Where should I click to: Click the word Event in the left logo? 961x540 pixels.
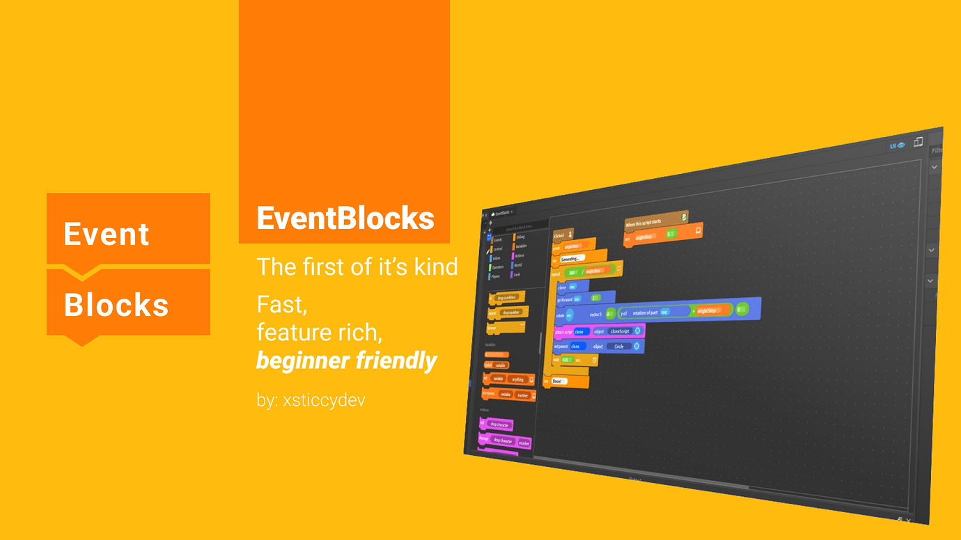coord(106,235)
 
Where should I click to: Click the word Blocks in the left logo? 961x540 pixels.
coord(116,305)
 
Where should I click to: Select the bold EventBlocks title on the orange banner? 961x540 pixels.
coord(345,219)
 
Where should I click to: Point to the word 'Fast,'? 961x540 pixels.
coord(282,305)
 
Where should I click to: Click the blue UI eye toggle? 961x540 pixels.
coord(897,145)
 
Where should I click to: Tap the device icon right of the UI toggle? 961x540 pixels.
coord(918,142)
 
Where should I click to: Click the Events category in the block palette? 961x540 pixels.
coord(497,239)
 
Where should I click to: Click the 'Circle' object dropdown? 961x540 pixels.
coord(619,346)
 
